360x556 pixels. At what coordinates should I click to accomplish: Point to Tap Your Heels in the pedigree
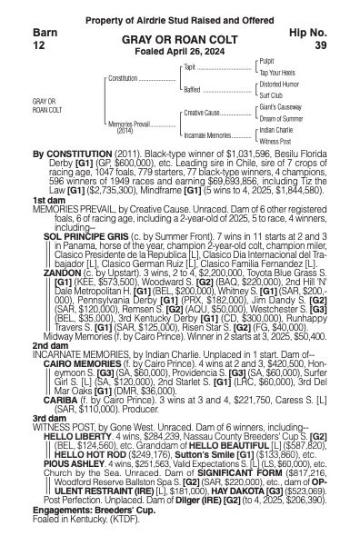tap(280, 73)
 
